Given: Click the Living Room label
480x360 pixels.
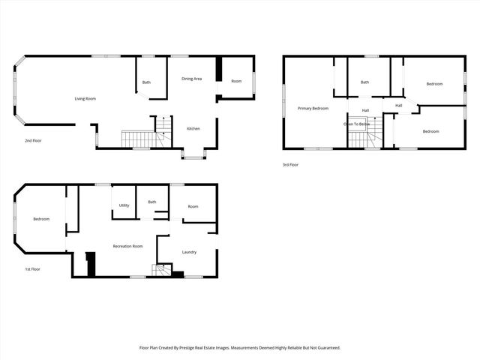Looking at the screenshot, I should (85, 98).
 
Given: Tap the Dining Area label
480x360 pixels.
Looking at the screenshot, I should (192, 78).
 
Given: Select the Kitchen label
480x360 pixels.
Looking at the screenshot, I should (193, 128).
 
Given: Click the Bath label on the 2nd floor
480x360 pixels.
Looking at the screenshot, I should (146, 82).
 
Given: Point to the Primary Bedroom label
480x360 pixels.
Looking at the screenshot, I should (313, 109).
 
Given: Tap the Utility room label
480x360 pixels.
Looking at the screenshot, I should (124, 205).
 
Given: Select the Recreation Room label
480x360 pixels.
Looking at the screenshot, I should (127, 246).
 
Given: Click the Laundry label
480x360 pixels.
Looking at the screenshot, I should (189, 252).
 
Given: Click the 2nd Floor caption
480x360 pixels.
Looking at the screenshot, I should (33, 140).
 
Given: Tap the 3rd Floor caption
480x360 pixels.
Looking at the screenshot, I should (290, 164).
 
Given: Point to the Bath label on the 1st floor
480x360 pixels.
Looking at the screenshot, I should (152, 202).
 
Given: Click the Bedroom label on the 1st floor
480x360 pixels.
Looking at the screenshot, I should (40, 219).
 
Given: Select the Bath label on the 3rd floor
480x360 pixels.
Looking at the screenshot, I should (364, 82).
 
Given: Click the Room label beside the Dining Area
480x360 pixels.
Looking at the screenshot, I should (236, 81).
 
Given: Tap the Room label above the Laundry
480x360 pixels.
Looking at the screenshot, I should (193, 206).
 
